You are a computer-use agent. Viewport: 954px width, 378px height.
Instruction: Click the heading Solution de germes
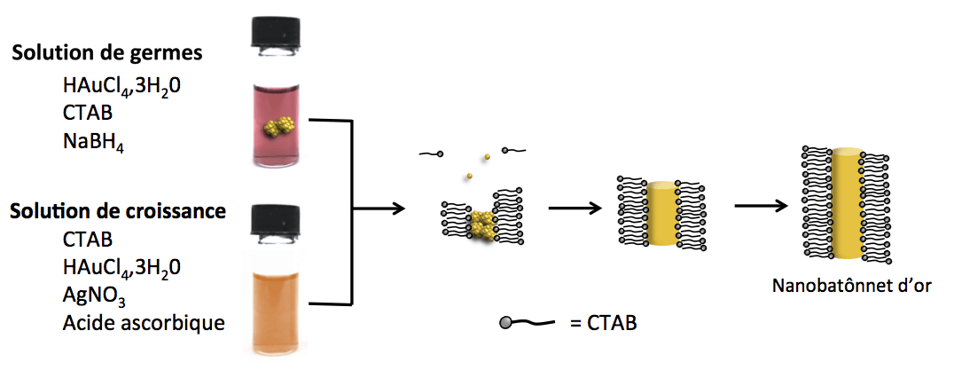(107, 52)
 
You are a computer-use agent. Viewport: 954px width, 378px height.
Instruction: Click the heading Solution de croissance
(118, 212)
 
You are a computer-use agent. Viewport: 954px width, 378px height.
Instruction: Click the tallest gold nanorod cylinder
(848, 204)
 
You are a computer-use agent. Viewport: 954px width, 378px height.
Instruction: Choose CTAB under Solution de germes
(87, 114)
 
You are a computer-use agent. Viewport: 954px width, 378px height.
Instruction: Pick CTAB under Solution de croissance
(87, 239)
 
